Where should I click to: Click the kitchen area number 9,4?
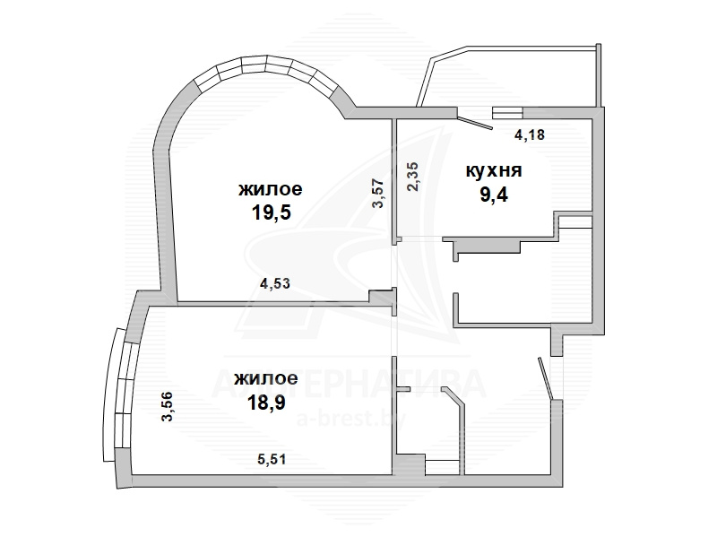point(494,195)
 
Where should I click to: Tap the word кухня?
point(494,170)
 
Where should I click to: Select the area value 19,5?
point(272,212)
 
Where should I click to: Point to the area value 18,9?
point(266,403)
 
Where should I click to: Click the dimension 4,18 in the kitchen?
point(530,135)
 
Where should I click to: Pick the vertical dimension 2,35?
point(412,177)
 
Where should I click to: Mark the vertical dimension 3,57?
point(378,193)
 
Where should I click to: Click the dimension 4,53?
point(275,283)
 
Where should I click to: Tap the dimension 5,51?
point(272,459)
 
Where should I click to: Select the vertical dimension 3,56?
point(168,406)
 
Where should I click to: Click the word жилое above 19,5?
point(271,189)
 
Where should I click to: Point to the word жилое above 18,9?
point(265,378)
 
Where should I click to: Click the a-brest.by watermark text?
point(351,420)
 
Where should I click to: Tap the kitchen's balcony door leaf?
point(475,123)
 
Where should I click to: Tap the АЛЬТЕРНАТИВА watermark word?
point(349,385)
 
